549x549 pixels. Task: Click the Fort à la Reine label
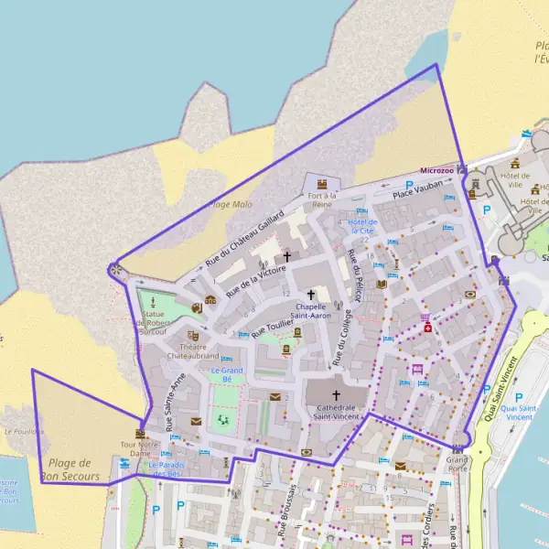pos(321,199)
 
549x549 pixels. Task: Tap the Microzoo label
pos(436,170)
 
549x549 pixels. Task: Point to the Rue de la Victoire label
pos(256,275)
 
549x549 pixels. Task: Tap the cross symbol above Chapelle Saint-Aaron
pos(311,295)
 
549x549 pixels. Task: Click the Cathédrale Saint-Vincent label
pos(336,412)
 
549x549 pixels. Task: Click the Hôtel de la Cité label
pos(362,226)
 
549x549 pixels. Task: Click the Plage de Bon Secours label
pos(69,468)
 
